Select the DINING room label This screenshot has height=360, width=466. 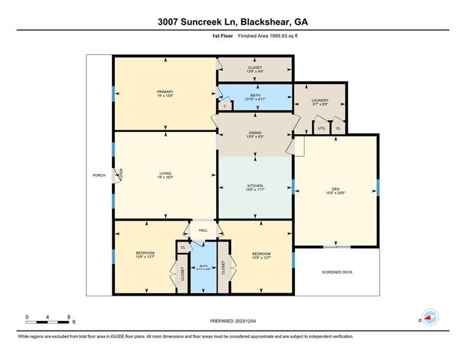pos(255,132)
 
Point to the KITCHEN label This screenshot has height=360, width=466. pos(255,185)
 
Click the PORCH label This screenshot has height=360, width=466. pos(98,175)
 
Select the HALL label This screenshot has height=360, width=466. pos(203,230)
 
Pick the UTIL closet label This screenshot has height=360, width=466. pos(321,128)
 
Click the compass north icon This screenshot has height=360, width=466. pos(430,317)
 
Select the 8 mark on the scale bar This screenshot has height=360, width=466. pos(68,316)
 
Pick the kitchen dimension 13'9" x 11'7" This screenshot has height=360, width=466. pos(255,190)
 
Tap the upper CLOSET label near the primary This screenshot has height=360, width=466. pos(255,68)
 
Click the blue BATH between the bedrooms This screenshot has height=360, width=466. pos(203,265)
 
